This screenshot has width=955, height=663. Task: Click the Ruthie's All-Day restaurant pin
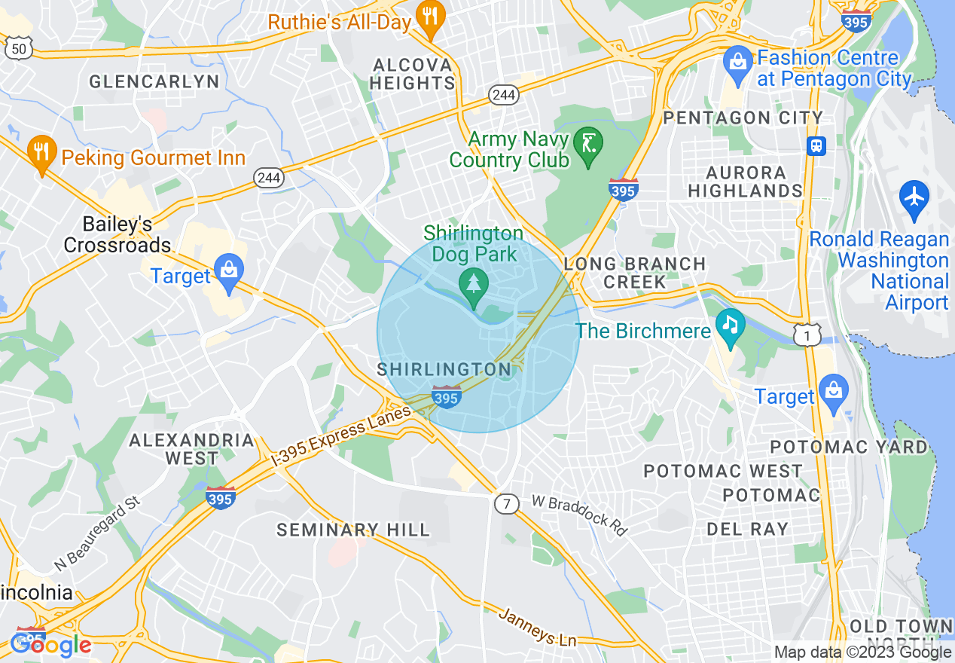click(x=430, y=18)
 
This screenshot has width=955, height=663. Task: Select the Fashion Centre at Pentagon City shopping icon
click(x=737, y=63)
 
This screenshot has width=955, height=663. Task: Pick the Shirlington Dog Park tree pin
click(x=474, y=287)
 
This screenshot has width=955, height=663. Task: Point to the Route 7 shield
click(x=507, y=504)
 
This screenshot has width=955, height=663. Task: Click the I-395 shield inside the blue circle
click(x=447, y=396)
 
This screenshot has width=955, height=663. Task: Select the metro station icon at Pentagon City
click(x=816, y=145)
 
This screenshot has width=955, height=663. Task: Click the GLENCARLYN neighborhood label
click(x=154, y=81)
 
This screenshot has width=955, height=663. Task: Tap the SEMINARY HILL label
click(x=353, y=530)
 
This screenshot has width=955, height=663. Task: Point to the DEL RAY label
click(x=747, y=529)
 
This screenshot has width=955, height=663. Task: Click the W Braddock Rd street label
click(x=579, y=515)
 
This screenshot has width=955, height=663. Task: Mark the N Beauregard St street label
click(x=97, y=533)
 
